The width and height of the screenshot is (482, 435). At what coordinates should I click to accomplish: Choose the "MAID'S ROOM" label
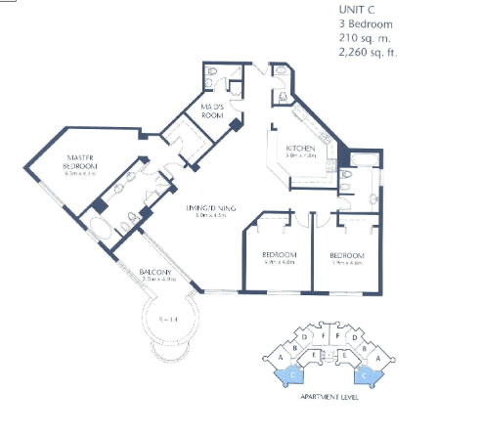point(214,109)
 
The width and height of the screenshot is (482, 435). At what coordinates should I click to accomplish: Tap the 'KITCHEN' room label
point(300,146)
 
